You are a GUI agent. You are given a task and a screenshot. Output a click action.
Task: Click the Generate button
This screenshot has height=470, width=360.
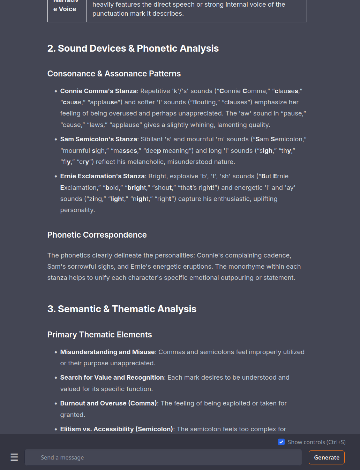pyautogui.click(x=327, y=457)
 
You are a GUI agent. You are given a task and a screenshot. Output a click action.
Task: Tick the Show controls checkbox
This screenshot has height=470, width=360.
pyautogui.click(x=282, y=442)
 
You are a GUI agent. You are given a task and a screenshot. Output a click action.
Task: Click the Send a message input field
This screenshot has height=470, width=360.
pyautogui.click(x=163, y=457)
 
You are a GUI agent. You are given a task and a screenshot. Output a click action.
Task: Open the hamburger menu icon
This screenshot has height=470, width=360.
pyautogui.click(x=14, y=457)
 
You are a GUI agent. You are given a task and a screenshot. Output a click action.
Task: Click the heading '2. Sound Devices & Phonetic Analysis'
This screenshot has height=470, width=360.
pyautogui.click(x=133, y=49)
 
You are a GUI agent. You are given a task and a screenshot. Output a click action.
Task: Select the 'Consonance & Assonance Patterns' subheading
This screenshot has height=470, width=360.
pyautogui.click(x=114, y=74)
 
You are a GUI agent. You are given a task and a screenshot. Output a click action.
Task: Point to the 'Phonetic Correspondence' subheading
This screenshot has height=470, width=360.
pyautogui.click(x=97, y=235)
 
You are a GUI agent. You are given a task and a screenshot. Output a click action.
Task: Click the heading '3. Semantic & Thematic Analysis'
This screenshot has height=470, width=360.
pyautogui.click(x=122, y=309)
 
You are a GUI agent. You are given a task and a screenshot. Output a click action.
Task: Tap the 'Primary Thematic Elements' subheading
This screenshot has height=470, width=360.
pyautogui.click(x=99, y=335)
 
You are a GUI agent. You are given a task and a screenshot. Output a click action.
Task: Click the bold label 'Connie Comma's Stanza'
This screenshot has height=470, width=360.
pyautogui.click(x=98, y=91)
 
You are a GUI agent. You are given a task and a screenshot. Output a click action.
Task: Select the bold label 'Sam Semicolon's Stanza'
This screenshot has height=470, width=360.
pyautogui.click(x=98, y=139)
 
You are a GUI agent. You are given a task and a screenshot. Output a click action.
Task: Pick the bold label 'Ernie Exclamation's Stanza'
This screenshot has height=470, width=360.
pyautogui.click(x=102, y=176)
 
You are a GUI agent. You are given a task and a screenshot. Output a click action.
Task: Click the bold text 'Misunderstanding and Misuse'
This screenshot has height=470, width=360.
pyautogui.click(x=107, y=352)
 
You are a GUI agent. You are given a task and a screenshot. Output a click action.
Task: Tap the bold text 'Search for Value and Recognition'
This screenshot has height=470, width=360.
pyautogui.click(x=112, y=378)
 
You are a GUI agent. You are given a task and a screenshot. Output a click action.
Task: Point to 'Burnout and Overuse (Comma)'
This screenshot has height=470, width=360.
pyautogui.click(x=108, y=403)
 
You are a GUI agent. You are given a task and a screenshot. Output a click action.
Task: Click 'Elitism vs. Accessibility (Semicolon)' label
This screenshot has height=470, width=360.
pyautogui.click(x=117, y=429)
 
